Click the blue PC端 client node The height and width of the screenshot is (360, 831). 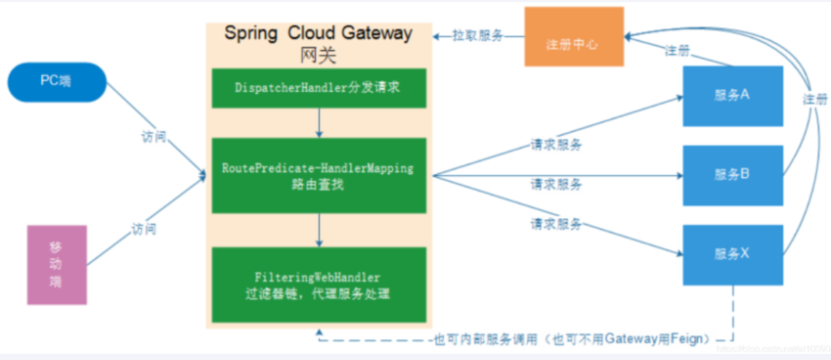56,82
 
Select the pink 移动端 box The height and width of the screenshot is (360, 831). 56,264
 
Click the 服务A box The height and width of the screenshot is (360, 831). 733,96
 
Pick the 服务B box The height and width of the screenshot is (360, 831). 733,175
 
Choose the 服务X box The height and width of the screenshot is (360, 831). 733,255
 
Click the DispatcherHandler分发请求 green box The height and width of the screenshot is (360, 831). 318,88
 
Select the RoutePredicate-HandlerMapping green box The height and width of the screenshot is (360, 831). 318,175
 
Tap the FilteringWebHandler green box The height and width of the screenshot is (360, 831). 318,285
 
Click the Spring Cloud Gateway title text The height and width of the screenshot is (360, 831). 318,33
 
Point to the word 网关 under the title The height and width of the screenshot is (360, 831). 318,56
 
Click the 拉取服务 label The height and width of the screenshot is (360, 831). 477,35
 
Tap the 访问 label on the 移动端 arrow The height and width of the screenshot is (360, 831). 144,229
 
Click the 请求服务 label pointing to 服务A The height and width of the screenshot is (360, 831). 556,145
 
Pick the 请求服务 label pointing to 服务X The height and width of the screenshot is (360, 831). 556,224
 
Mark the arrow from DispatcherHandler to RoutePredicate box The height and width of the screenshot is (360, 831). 318,123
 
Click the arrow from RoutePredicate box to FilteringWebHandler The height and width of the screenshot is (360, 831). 318,230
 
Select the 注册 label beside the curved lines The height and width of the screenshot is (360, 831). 814,99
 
